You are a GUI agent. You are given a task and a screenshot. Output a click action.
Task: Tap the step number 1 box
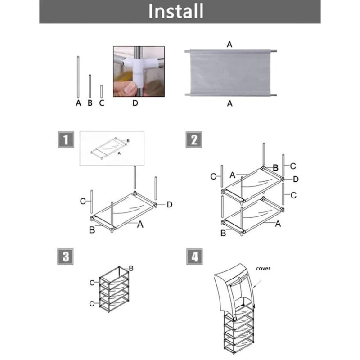coord(66,139)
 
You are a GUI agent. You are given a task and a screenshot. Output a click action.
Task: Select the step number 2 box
coord(194,139)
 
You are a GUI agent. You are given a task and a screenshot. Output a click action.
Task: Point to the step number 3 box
coord(65,256)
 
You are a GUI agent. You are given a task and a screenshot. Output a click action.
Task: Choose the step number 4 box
coord(194,256)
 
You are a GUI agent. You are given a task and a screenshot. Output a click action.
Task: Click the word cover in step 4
coord(263,268)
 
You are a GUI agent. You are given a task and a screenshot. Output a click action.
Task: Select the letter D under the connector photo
coord(135,103)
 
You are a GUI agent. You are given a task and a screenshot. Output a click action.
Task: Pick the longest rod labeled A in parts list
coord(78,77)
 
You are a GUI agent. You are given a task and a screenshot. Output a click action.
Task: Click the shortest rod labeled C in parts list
coord(102,91)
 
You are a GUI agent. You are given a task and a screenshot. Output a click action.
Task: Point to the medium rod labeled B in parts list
coord(90,86)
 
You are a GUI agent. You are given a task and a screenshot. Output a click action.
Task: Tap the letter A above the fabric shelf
coord(229,44)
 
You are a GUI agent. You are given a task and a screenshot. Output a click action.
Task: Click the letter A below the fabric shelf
coord(229,104)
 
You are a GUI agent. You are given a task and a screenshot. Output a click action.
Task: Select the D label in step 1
coord(170,205)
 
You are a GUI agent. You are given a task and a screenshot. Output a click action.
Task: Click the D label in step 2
coord(296,179)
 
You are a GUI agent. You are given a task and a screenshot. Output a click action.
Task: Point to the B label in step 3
coord(131,268)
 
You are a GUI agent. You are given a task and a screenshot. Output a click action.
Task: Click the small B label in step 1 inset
coord(128,141)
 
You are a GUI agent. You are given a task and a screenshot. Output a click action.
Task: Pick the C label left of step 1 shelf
coord(83,201)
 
